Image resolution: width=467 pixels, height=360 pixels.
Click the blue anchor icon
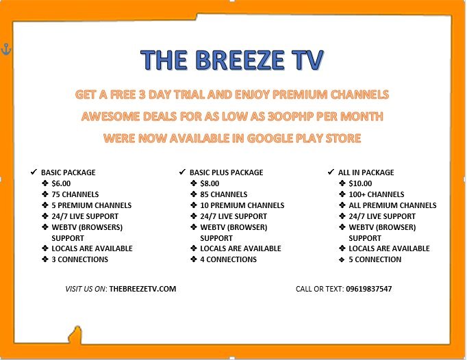tap(6, 49)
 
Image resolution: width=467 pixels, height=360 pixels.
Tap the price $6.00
tap(61, 183)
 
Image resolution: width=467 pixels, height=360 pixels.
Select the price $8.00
tap(210, 183)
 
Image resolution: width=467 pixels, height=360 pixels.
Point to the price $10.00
tap(360, 183)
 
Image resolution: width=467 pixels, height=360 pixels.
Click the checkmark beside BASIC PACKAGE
tap(34, 172)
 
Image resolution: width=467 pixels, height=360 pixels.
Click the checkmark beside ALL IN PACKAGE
tap(331, 172)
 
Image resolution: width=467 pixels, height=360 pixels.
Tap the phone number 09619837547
tap(368, 289)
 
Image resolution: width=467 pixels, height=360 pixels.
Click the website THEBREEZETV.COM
tap(142, 289)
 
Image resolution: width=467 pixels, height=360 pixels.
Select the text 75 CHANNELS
tap(75, 194)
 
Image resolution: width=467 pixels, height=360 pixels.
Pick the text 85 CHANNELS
tap(224, 194)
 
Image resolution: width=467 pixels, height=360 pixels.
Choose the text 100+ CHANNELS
tap(377, 194)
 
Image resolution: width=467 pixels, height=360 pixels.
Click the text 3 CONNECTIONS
tap(80, 259)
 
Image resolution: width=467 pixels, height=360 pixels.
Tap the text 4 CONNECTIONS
tap(229, 259)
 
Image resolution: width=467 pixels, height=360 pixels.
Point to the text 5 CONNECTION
tap(375, 259)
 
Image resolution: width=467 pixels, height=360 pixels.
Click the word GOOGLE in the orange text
tap(270, 138)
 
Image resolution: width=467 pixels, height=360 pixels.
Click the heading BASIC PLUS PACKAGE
tap(227, 172)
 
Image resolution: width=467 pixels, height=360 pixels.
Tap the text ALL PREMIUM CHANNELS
tap(392, 205)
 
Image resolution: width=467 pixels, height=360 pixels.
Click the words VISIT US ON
tap(85, 289)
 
